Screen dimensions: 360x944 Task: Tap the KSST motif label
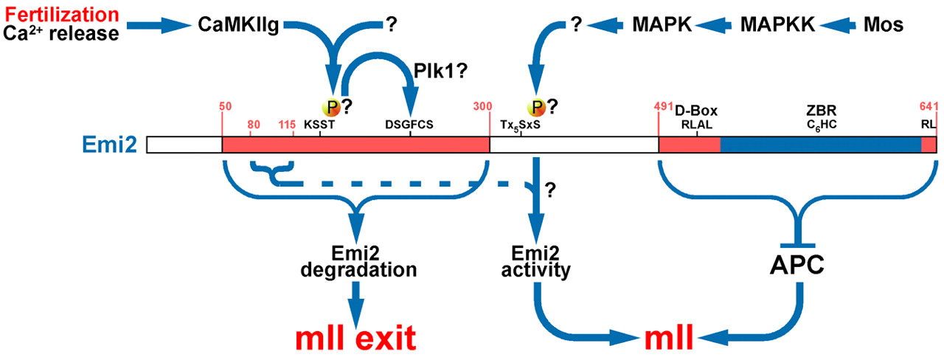(x=319, y=125)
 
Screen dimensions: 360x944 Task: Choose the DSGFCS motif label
(x=409, y=125)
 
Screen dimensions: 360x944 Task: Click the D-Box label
(x=696, y=111)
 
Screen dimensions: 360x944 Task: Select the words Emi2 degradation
(x=358, y=261)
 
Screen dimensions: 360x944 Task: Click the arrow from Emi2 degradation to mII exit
(x=356, y=300)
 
